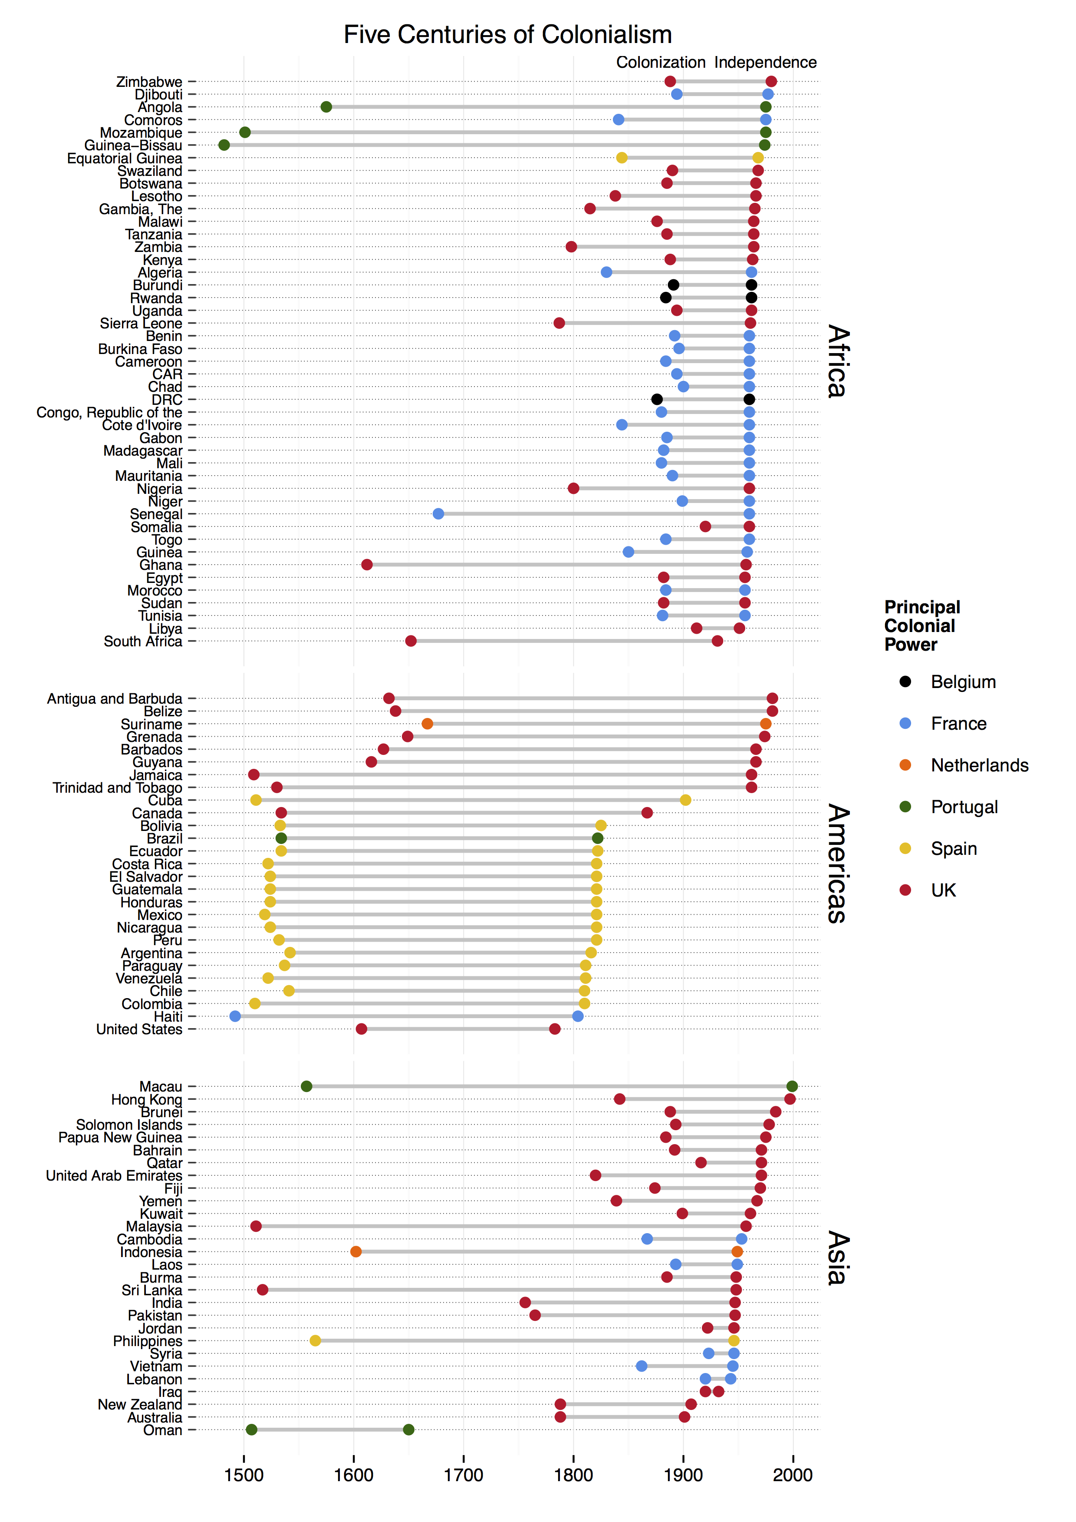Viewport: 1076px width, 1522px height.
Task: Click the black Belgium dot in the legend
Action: pos(905,682)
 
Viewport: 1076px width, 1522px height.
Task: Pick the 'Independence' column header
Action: pos(765,62)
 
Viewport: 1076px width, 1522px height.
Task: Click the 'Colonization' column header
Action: pos(661,62)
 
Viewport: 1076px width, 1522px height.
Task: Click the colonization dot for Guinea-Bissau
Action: pos(224,145)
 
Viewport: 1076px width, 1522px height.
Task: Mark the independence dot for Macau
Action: pos(792,1086)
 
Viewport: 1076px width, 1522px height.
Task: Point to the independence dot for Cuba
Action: pos(686,800)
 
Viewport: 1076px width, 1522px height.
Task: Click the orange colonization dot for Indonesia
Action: pos(356,1251)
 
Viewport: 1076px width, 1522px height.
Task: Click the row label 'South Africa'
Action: pos(142,642)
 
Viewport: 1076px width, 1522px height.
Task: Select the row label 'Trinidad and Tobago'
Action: pos(117,787)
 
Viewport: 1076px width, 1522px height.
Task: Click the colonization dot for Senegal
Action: pos(438,514)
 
